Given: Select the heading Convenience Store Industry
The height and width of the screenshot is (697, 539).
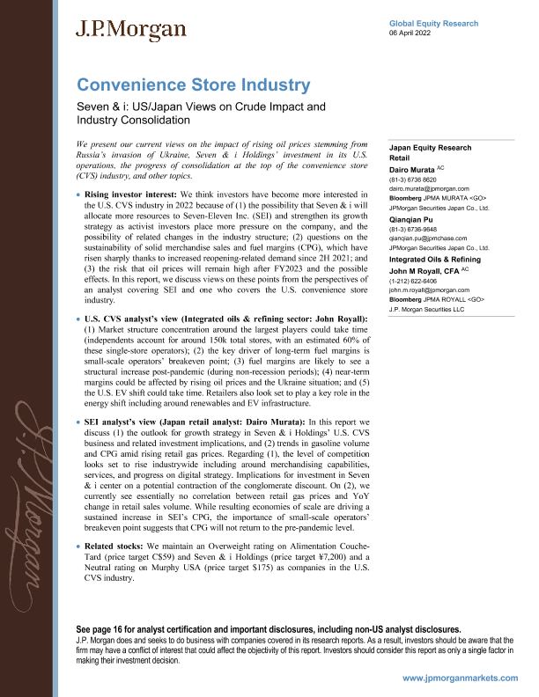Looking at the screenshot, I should coord(194,85).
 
